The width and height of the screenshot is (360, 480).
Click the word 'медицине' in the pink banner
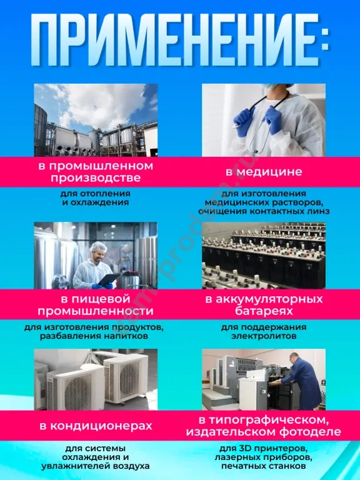pyautogui.click(x=269, y=172)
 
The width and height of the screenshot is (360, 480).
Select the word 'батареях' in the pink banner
pyautogui.click(x=264, y=311)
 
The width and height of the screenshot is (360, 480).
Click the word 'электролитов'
pyautogui.click(x=264, y=336)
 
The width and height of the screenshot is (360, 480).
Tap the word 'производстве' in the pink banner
pyautogui.click(x=96, y=178)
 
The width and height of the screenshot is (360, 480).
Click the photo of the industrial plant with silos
pyautogui.click(x=96, y=120)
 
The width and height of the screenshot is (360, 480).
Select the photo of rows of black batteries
pyautogui.click(x=264, y=256)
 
